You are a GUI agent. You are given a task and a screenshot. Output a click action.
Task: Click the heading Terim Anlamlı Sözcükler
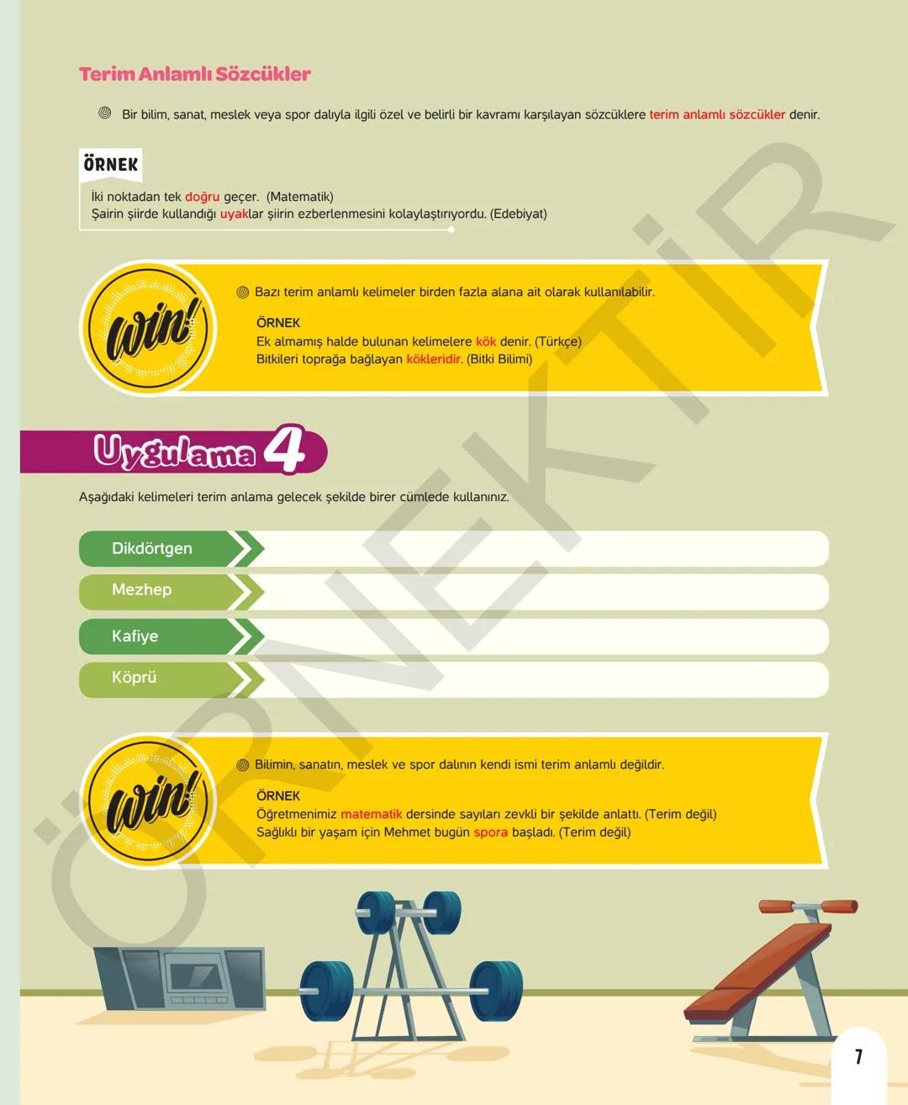click(194, 74)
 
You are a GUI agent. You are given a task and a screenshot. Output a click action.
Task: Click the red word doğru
click(203, 197)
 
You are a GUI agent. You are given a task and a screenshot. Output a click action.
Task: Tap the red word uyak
click(234, 214)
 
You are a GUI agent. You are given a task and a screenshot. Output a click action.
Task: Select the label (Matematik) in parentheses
click(299, 197)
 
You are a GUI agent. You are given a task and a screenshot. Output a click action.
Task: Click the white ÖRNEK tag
click(110, 165)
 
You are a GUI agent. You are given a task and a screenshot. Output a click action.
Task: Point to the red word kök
click(486, 341)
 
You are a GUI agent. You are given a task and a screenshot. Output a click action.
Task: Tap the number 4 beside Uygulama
click(285, 448)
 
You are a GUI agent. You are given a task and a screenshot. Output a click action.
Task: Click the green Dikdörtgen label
click(152, 548)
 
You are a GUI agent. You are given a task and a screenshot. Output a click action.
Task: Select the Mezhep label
click(141, 590)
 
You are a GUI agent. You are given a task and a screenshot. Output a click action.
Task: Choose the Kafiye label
click(135, 636)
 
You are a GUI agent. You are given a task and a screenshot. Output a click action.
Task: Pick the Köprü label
click(135, 678)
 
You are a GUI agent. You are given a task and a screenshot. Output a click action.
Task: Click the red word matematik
click(371, 814)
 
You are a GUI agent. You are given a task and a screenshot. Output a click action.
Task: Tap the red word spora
click(490, 833)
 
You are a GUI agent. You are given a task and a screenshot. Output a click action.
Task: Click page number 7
click(858, 1057)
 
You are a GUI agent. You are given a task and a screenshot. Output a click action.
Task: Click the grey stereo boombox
click(180, 979)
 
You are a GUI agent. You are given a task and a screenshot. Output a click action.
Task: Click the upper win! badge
click(148, 329)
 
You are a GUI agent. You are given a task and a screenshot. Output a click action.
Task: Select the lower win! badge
click(148, 801)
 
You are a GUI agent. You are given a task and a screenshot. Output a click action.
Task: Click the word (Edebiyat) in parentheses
click(518, 214)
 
